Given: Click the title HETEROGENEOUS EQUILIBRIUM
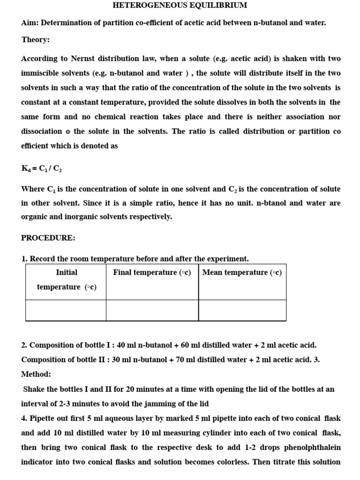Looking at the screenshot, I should [180, 6].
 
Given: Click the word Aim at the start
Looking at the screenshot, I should [29, 22].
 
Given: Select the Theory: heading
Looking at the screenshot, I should [35, 40].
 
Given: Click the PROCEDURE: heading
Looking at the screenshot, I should [48, 238].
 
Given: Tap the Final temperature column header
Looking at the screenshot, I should [152, 272].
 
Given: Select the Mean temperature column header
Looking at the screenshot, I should [242, 272].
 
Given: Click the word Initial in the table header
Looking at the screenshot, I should [67, 272].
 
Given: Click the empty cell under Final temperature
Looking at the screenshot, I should [152, 310].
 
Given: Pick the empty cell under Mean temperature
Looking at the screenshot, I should [242, 310].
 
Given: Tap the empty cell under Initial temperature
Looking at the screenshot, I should [66, 310].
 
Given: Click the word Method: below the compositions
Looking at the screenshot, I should [36, 375].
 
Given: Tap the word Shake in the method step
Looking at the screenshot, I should [33, 389].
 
